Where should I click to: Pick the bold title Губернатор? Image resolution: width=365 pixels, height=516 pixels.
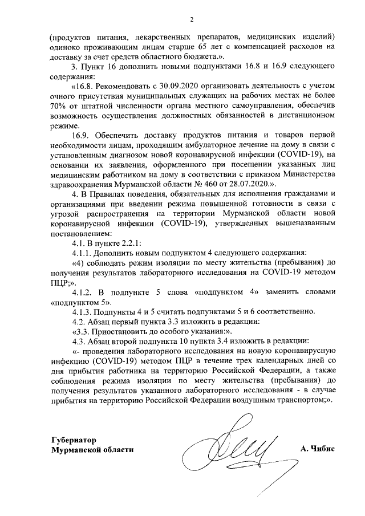tap(73, 440)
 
